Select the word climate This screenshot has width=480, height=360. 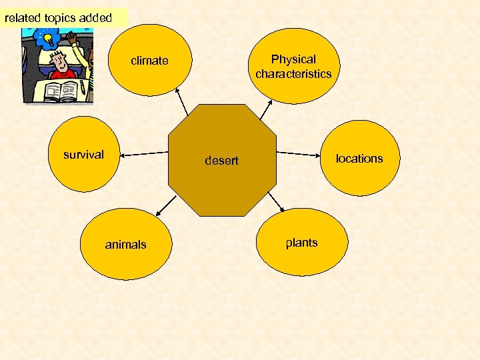click(149, 61)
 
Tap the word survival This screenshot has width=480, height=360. click(83, 155)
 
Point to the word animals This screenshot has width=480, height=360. click(125, 245)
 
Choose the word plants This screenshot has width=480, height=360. click(301, 243)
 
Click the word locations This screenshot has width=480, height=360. click(359, 158)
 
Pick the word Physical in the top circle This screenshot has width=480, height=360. click(293, 59)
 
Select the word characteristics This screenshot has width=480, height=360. click(293, 73)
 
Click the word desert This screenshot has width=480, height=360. click(222, 161)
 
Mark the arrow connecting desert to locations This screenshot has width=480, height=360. click(299, 153)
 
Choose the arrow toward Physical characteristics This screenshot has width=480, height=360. click(266, 109)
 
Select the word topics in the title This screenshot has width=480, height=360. click(61, 18)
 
